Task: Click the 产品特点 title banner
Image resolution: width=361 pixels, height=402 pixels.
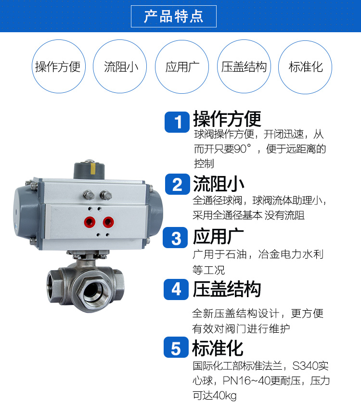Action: pos(173,16)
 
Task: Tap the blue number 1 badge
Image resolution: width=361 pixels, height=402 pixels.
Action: pos(177,122)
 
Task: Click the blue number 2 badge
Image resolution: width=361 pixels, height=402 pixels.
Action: pos(177,184)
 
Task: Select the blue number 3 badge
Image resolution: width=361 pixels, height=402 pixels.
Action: pos(176,238)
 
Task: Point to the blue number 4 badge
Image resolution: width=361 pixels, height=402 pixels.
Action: pos(176,289)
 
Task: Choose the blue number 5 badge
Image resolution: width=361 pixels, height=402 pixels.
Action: pos(176,347)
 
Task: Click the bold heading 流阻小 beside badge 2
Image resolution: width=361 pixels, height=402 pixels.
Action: pos(219,184)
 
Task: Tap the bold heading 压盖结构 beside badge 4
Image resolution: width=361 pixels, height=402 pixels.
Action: pos(227,289)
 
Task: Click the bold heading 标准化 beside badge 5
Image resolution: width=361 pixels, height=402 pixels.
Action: pos(218,348)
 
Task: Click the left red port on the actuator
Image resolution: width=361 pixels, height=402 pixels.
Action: pos(90,222)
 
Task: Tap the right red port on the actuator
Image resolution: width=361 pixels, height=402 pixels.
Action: pos(108,222)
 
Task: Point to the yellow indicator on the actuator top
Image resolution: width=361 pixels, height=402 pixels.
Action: pos(93,169)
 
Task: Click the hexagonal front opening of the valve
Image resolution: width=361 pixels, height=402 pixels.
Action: pos(93,291)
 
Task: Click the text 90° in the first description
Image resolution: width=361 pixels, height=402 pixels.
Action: pos(243,149)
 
